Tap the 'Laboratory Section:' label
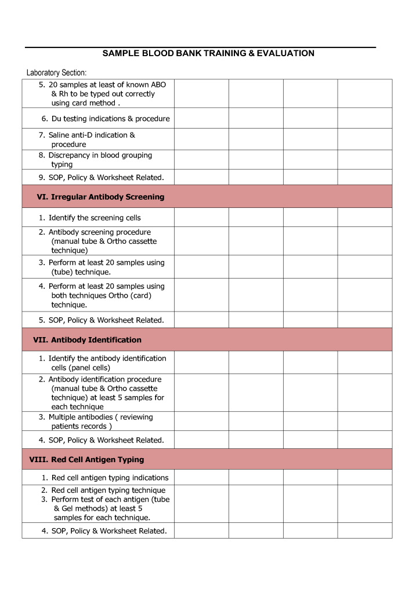56,73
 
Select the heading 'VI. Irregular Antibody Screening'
100,197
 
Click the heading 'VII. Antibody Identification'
88,340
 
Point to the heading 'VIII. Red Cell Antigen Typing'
86,460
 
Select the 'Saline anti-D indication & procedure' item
92,140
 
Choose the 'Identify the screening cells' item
94,218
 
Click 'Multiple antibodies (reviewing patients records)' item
96,422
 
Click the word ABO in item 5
158,85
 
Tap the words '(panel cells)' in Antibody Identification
89,368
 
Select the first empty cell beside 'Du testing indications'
201,119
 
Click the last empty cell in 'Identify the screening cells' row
364,218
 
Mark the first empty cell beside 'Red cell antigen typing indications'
201,478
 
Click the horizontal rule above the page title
200,47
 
